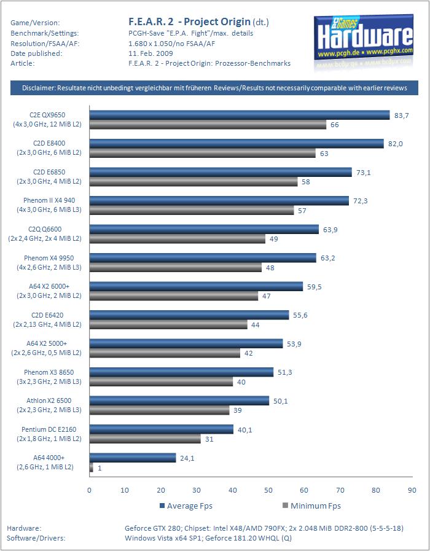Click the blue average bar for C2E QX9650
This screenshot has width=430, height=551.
(x=240, y=115)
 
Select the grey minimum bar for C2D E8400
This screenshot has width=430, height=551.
(x=202, y=153)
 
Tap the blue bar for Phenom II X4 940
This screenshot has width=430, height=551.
(x=221, y=201)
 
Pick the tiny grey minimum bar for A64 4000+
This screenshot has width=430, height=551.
(x=92, y=467)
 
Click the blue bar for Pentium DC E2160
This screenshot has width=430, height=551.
(x=162, y=429)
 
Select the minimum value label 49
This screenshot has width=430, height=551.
(x=275, y=239)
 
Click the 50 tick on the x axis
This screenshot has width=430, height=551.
(x=268, y=490)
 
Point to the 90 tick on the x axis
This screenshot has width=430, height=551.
(x=410, y=490)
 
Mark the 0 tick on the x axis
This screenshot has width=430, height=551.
(x=90, y=490)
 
